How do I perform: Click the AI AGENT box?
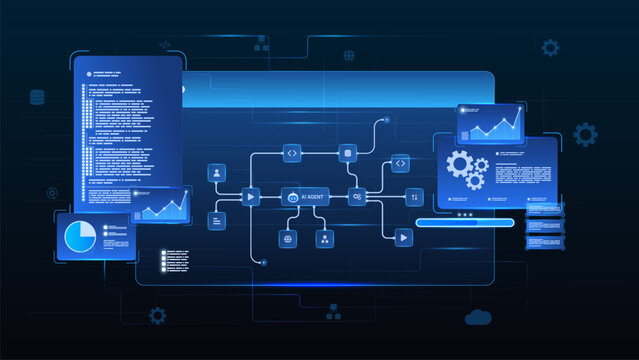click(x=305, y=197)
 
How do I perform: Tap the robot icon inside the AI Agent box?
click(x=293, y=198)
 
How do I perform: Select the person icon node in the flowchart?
click(x=216, y=173)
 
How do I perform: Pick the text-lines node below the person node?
click(x=216, y=220)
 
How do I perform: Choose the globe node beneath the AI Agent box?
click(x=288, y=239)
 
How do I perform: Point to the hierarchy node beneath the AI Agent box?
click(x=324, y=239)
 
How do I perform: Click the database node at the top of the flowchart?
click(x=348, y=153)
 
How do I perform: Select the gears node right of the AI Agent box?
click(x=357, y=197)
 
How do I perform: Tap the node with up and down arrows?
click(x=416, y=197)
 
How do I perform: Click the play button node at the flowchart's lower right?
click(x=402, y=238)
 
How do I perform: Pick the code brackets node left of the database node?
click(x=292, y=153)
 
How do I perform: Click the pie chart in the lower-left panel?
click(x=80, y=238)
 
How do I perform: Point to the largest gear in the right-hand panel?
click(x=460, y=164)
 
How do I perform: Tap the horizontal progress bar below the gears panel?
click(x=466, y=223)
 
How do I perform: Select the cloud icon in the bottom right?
click(x=478, y=317)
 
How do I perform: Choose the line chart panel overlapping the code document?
click(x=161, y=205)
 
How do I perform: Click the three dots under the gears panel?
click(x=464, y=213)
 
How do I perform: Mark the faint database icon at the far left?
click(x=38, y=97)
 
